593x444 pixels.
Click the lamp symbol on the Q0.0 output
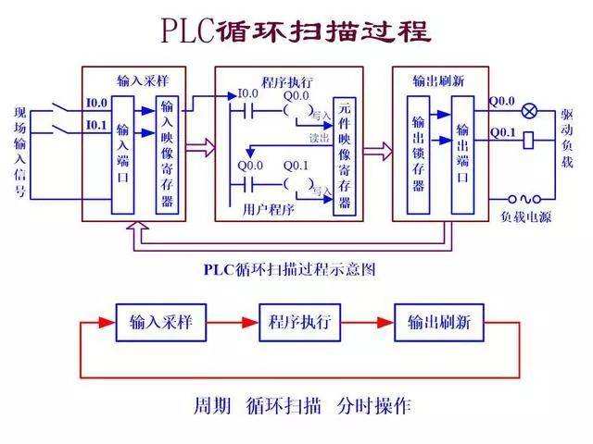pos(529,111)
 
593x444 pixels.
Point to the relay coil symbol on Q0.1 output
pos(528,141)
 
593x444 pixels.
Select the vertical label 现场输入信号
pos(20,153)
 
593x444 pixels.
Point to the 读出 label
pos(320,138)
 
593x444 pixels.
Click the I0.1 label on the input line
pos(96,124)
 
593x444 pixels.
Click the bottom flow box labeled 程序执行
pos(299,323)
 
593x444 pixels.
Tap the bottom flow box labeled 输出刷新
pos(439,323)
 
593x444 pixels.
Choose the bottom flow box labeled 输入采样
pos(159,323)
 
